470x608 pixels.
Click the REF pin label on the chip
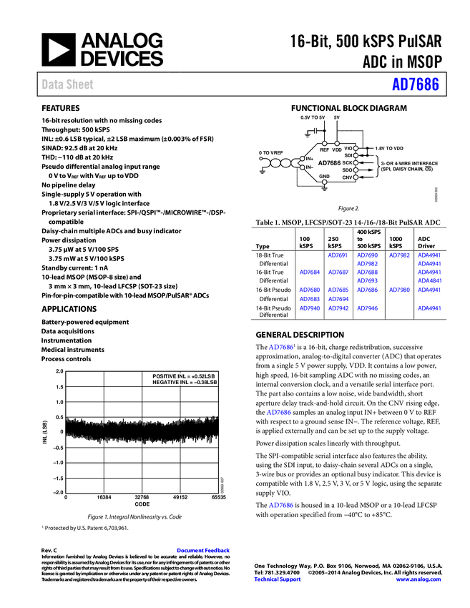tap(325, 150)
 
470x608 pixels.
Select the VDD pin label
tap(337, 150)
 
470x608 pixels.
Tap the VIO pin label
tap(348, 148)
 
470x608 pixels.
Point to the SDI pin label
tap(348, 155)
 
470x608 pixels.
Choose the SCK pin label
tap(347, 162)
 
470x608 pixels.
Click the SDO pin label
tap(347, 170)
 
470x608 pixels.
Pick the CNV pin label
tap(347, 177)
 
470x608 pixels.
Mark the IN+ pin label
tap(310, 159)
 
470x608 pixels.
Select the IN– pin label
tap(310, 167)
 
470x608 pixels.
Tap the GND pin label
tap(324, 176)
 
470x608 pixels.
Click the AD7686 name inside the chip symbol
tap(329, 163)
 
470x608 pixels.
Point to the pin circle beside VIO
tap(356, 148)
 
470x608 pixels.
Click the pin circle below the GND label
tap(324, 182)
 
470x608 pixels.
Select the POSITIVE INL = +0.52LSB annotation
tap(183, 376)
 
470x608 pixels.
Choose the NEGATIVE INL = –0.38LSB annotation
tap(183, 383)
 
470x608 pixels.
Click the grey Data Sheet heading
tap(68, 84)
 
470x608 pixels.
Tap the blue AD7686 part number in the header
tap(415, 84)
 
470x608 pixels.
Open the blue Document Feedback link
tap(204, 551)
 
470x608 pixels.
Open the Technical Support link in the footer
tap(278, 579)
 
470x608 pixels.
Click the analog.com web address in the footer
tap(418, 579)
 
